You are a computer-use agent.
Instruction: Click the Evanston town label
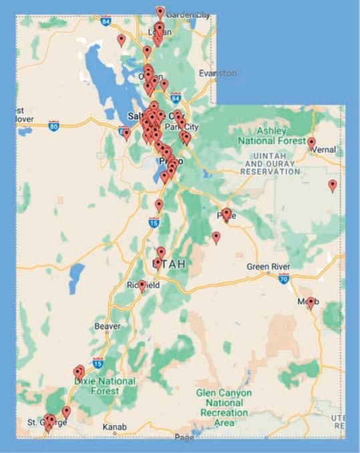tap(217, 73)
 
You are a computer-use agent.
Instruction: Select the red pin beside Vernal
tap(311, 142)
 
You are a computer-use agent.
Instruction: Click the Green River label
tap(268, 267)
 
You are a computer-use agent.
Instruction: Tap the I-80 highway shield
tap(53, 124)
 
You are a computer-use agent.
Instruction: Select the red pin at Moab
tap(311, 303)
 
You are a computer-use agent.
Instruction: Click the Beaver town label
tap(108, 326)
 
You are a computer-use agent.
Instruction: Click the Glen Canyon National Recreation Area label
tap(223, 408)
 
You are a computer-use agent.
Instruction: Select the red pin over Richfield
tap(142, 285)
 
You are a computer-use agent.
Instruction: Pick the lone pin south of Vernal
tap(333, 185)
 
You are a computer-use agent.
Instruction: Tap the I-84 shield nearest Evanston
tap(176, 98)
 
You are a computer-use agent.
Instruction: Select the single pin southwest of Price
tap(216, 237)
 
